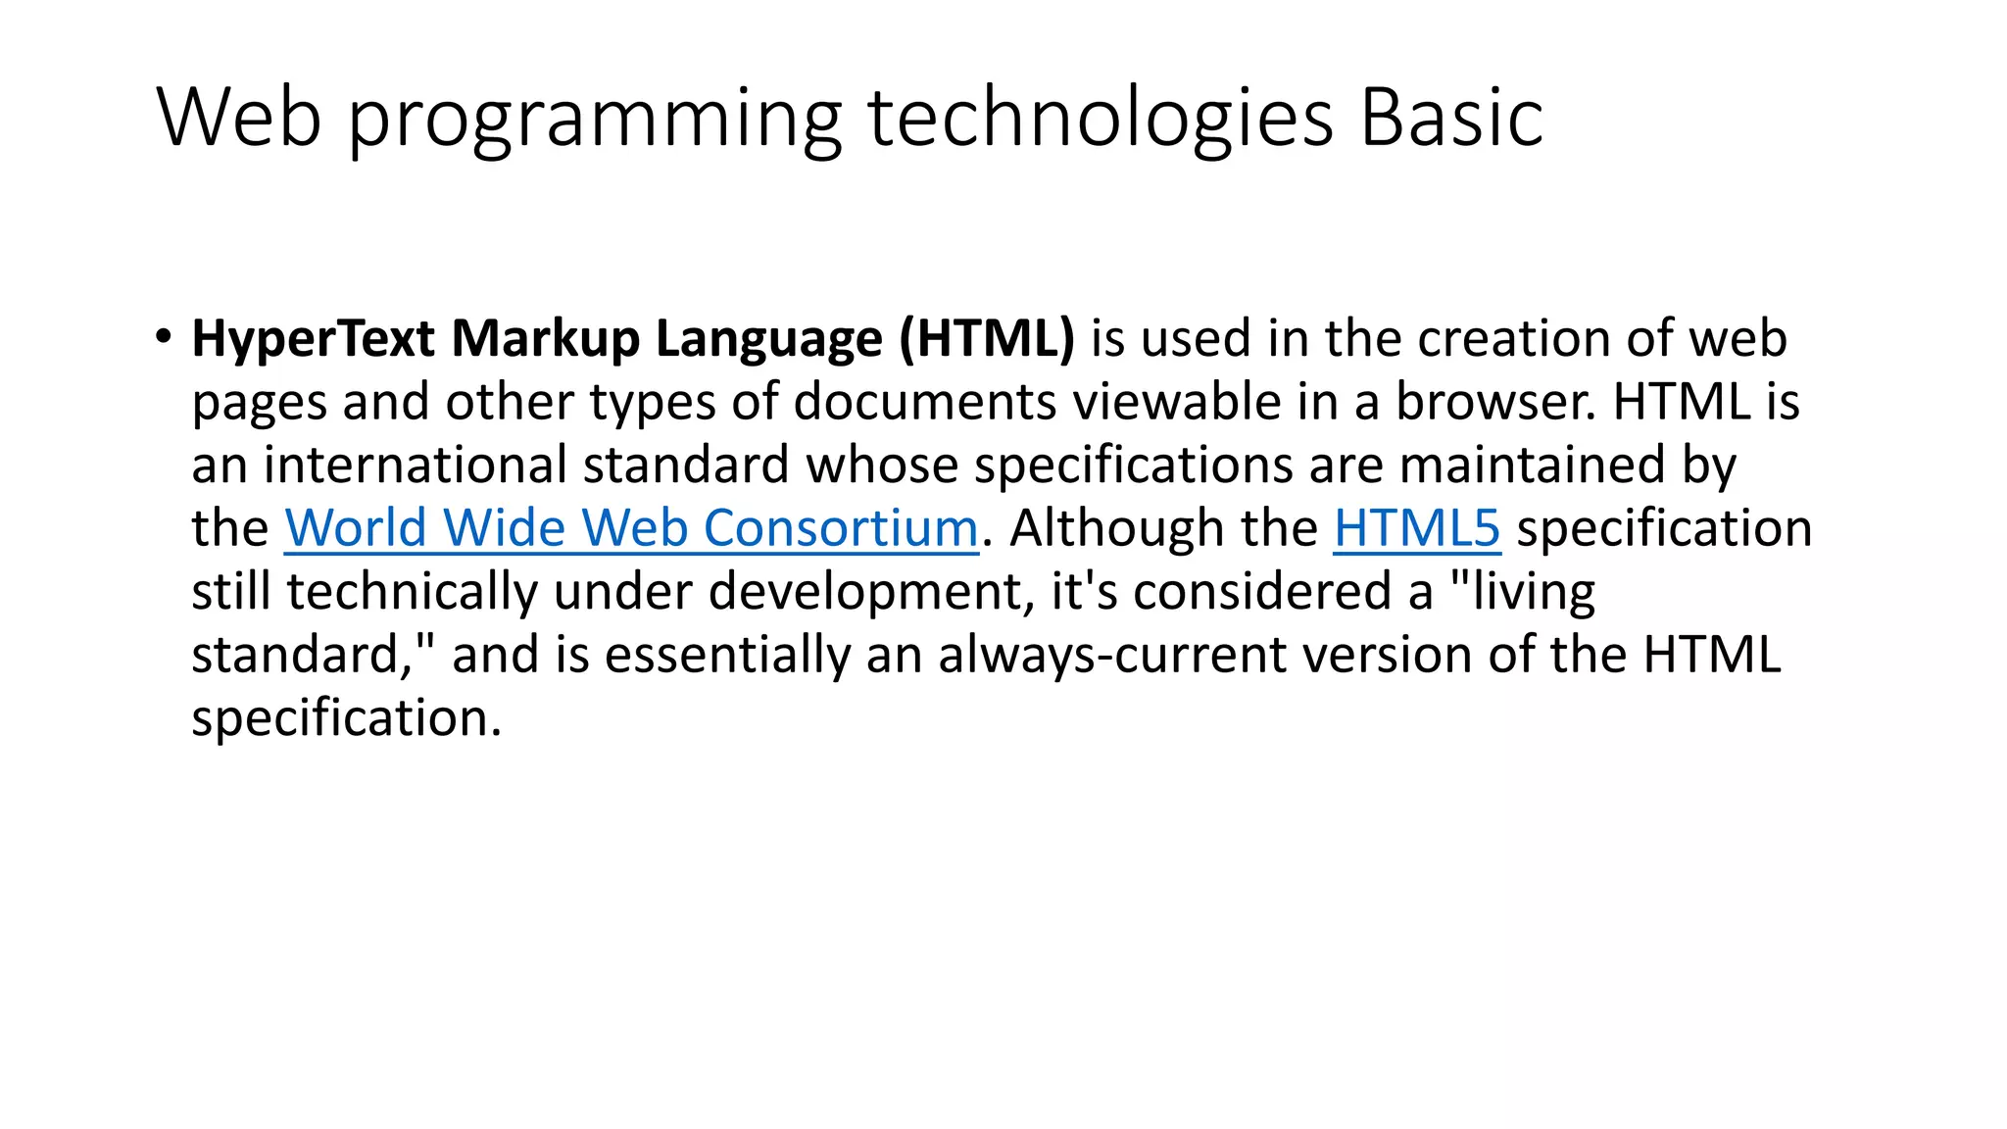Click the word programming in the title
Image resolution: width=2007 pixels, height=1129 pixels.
click(595, 120)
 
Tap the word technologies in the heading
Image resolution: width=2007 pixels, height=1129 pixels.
click(1100, 120)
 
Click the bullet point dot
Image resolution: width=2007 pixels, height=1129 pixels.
click(163, 336)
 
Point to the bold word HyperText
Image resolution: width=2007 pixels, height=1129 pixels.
click(313, 339)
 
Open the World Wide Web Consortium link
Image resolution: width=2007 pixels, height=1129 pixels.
click(631, 528)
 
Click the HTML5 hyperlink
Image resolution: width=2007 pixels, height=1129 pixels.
click(1416, 528)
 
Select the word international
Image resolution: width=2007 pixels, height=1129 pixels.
click(415, 465)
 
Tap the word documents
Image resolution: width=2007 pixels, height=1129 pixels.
click(924, 402)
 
